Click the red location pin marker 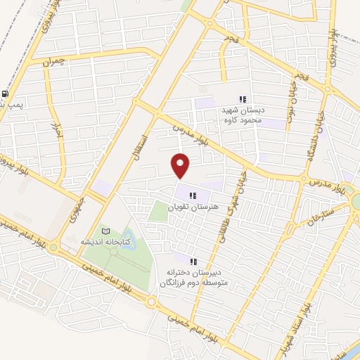181,165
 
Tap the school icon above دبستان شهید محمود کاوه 243,99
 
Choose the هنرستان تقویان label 195,208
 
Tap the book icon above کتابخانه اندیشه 105,230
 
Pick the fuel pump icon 6,94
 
